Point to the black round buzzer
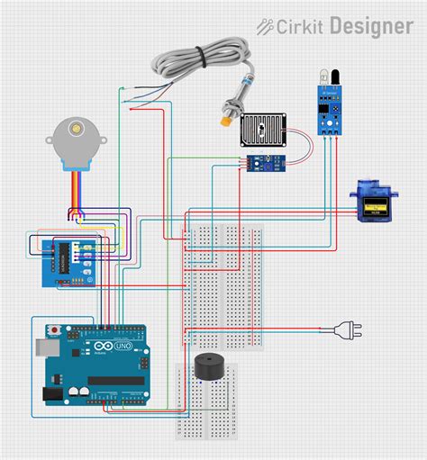(212, 368)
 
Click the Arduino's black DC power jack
(52, 393)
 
